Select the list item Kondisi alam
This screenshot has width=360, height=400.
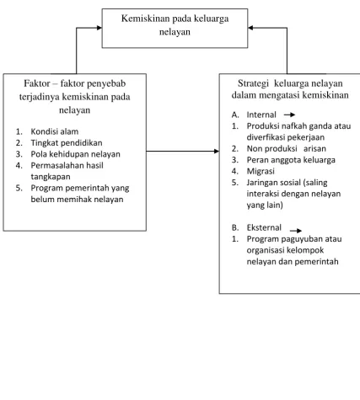tap(55, 131)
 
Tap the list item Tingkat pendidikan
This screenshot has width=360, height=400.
tap(67, 143)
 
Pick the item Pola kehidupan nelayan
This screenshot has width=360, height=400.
tap(75, 154)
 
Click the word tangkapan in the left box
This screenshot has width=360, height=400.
tap(51, 177)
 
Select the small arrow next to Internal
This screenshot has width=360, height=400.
tap(289, 115)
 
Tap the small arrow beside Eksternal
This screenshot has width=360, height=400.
tap(296, 231)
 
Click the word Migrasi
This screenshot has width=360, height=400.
tap(261, 171)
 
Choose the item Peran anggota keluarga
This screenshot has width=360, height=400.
tap(291, 160)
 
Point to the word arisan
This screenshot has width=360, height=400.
tap(314, 148)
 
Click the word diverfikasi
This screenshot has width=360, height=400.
tap(265, 137)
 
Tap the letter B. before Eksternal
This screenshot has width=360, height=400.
tap(235, 227)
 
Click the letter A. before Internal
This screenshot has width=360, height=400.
tap(235, 115)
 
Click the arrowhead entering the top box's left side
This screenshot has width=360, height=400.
tap(99, 28)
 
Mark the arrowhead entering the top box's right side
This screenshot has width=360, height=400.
tap(250, 28)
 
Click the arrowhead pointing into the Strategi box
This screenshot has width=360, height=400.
tap(217, 152)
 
